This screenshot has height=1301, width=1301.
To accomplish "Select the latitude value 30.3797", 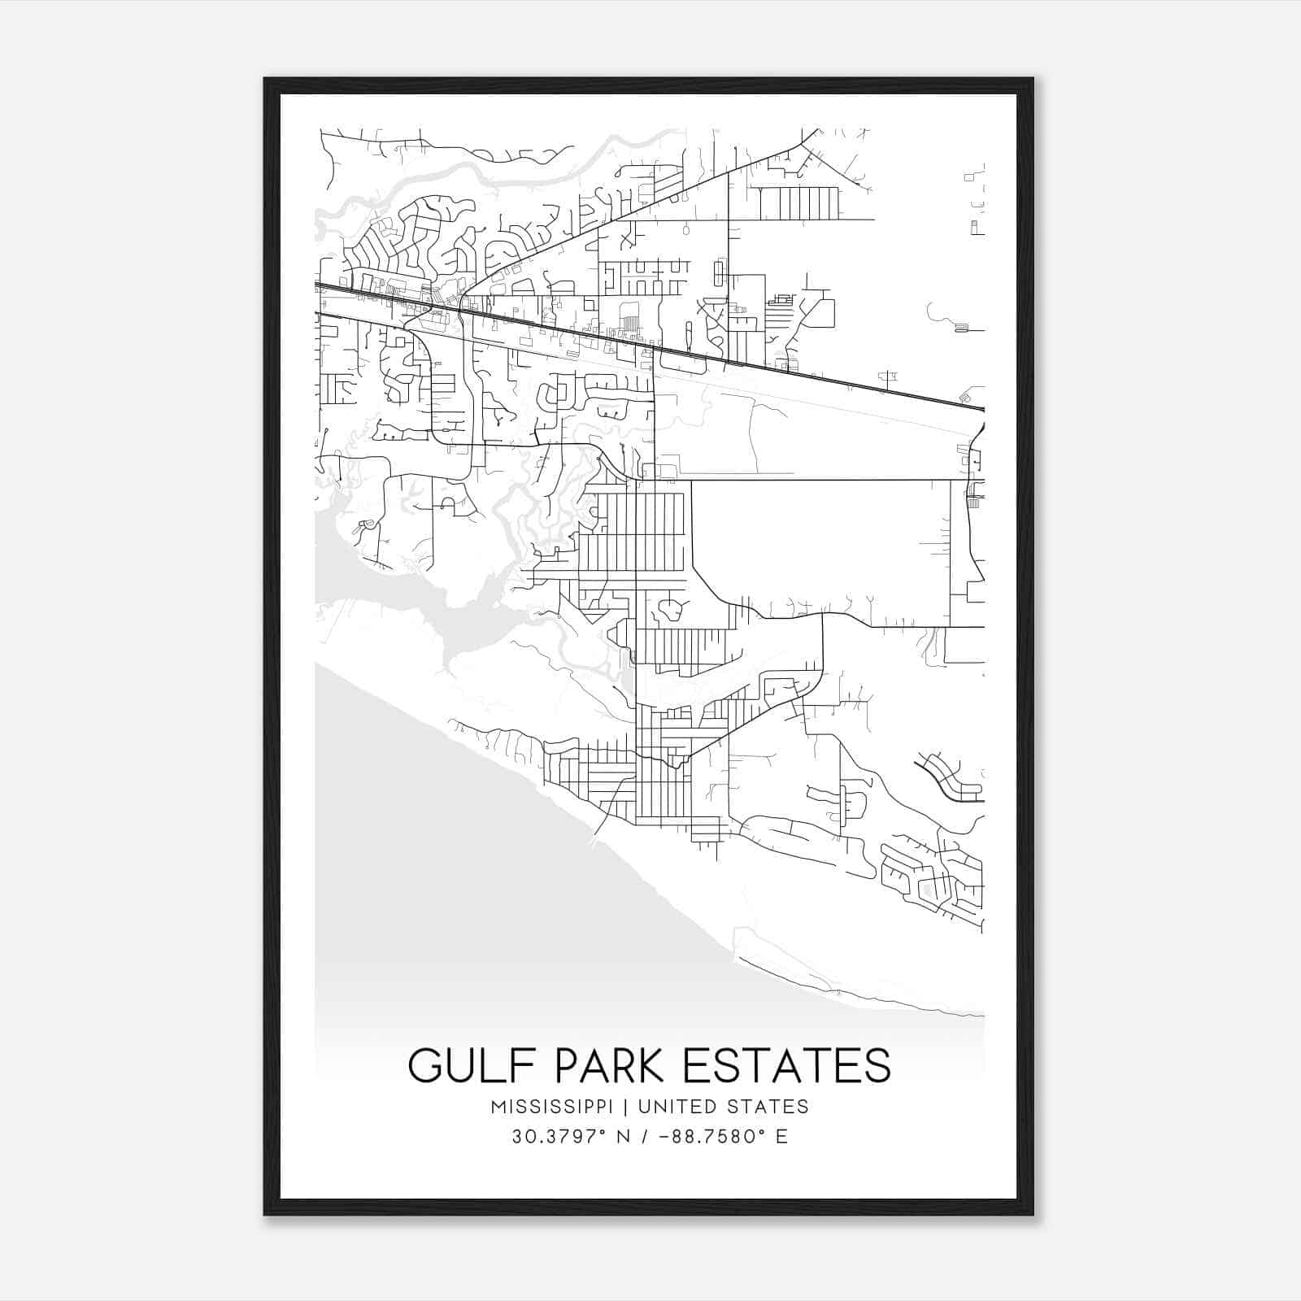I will point(552,1136).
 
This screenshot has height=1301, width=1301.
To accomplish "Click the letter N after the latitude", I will point(624,1136).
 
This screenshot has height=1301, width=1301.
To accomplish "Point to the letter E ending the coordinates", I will point(781,1136).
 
